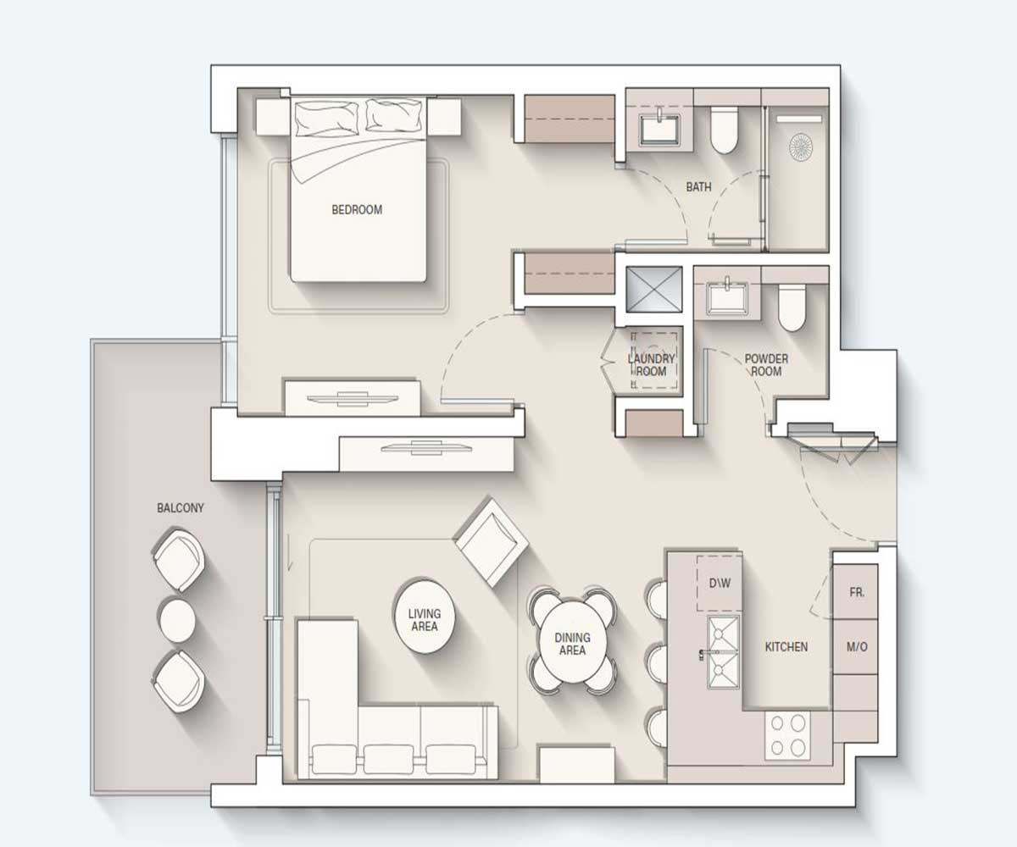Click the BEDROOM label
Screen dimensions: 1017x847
pos(357,210)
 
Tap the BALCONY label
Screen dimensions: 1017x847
pos(181,508)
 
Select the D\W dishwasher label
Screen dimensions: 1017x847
pos(720,584)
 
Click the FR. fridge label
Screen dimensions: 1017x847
pos(856,592)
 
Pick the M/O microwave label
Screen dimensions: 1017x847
pos(857,647)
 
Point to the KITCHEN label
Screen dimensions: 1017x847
pos(786,647)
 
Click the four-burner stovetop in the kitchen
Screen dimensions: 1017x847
pos(787,735)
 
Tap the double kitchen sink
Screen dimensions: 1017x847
pos(724,652)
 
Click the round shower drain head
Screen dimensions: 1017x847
pos(801,146)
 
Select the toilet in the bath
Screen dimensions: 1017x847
pos(725,130)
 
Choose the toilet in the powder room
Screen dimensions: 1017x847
pos(792,307)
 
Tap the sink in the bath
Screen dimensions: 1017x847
pos(659,129)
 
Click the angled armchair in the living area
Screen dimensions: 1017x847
pos(492,542)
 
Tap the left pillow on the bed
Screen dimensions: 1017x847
pos(327,119)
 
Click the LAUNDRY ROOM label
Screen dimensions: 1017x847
pos(651,365)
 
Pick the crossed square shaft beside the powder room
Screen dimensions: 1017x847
pos(654,289)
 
